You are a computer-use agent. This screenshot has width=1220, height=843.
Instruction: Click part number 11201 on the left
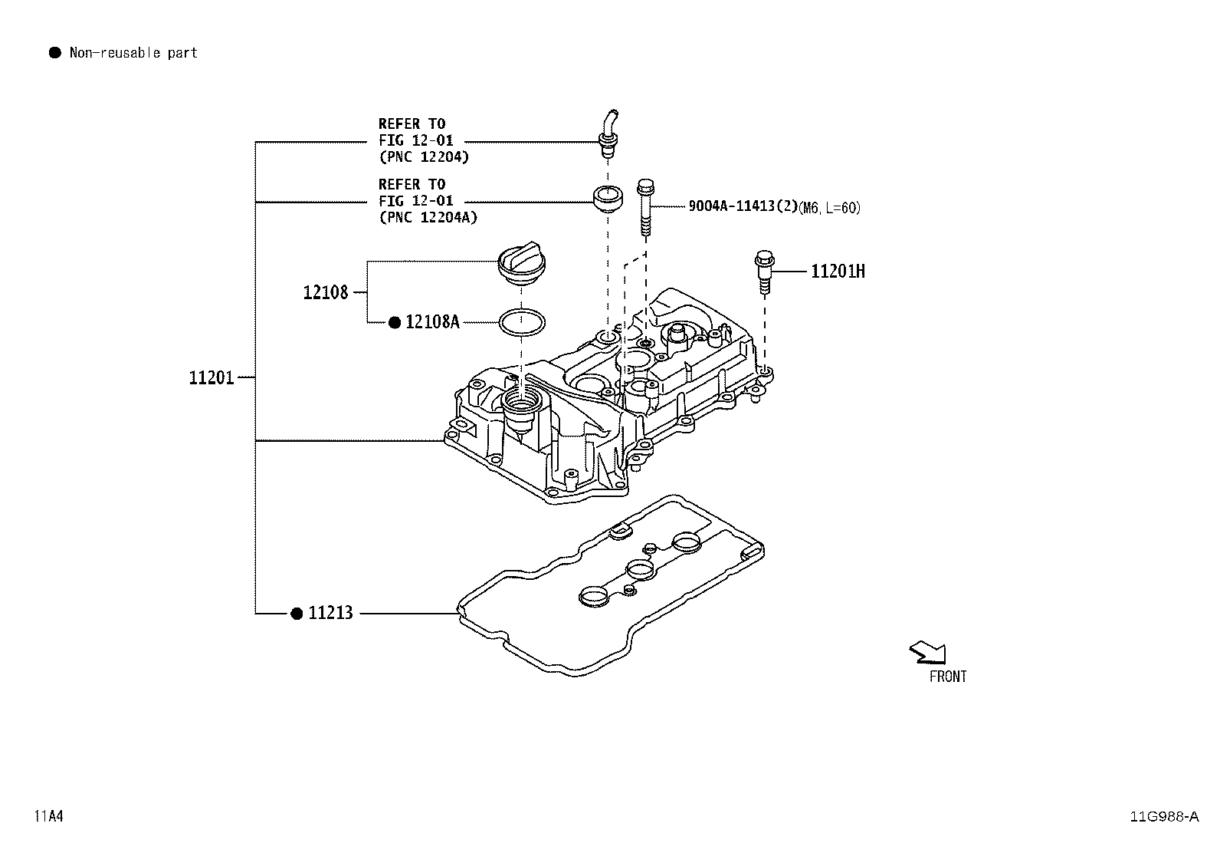pos(212,377)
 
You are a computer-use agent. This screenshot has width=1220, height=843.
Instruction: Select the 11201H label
pos(838,271)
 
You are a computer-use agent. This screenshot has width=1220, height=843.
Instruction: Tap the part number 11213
pos(330,613)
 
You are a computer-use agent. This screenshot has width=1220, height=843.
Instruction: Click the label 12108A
pos(432,322)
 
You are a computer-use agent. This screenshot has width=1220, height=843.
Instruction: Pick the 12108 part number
pos(325,292)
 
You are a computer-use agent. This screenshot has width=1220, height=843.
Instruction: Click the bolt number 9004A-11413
pos(732,206)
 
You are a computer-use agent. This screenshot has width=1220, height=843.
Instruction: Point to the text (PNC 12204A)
pos(428,217)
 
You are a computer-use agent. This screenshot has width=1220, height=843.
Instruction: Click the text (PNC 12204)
pos(423,156)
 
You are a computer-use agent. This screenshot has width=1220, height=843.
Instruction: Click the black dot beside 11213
pos(297,613)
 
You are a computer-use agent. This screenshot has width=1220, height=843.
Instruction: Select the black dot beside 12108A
pos(395,322)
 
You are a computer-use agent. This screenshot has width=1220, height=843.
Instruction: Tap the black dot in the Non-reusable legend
pos(54,53)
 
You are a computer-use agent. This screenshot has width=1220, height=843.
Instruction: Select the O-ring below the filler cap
pos(523,322)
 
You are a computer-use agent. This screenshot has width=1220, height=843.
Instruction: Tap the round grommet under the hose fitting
pos(608,197)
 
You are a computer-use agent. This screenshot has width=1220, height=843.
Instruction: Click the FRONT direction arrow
pos(928,653)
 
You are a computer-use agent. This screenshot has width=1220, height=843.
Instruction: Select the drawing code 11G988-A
pos(1163,816)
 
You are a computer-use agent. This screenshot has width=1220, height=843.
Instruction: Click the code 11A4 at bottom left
pos(48,816)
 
